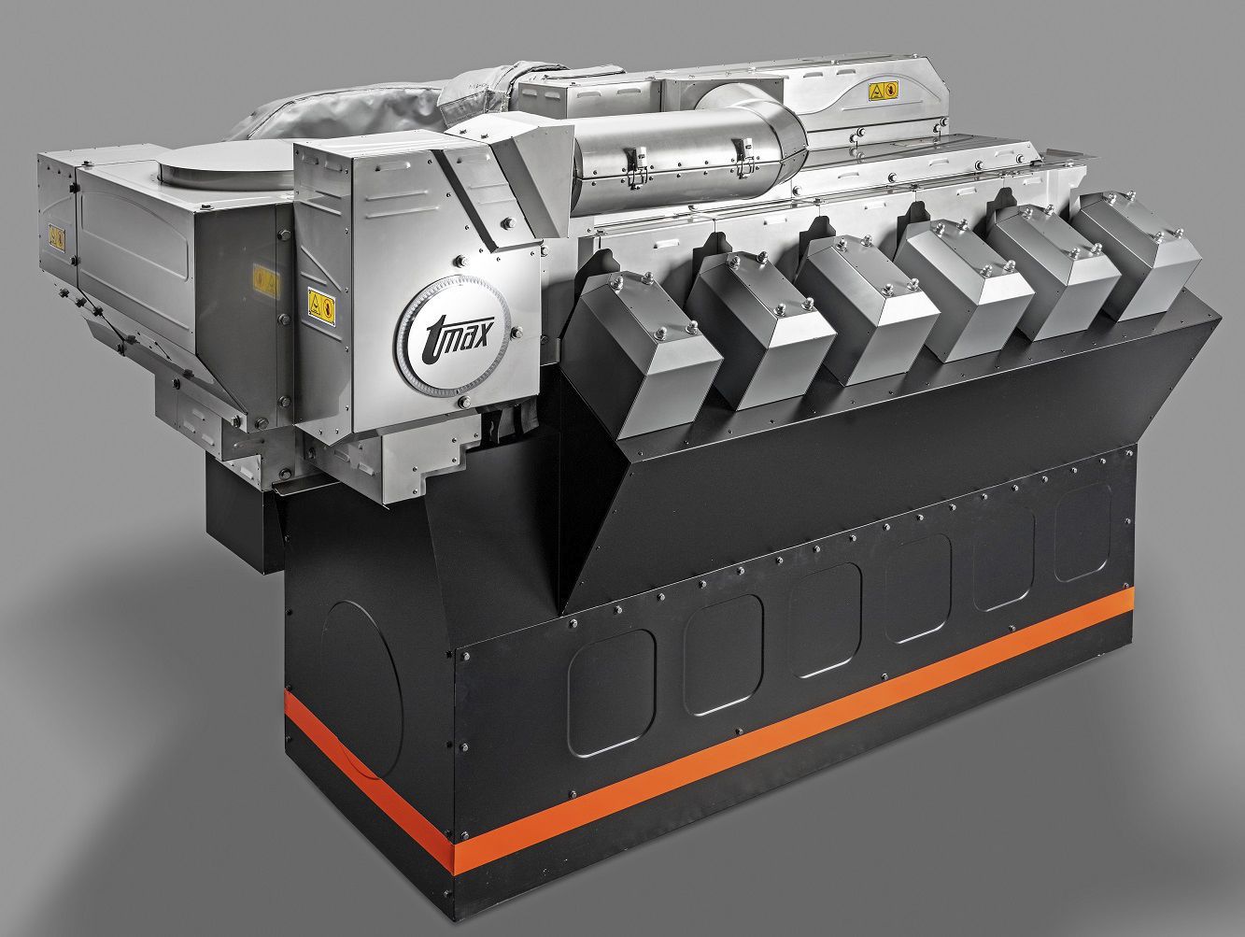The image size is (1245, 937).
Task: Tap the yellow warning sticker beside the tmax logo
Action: pyautogui.click(x=321, y=306)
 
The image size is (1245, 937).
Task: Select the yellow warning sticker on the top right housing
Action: pyautogui.click(x=884, y=91)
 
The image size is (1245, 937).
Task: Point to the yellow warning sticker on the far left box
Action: pyautogui.click(x=57, y=237)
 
